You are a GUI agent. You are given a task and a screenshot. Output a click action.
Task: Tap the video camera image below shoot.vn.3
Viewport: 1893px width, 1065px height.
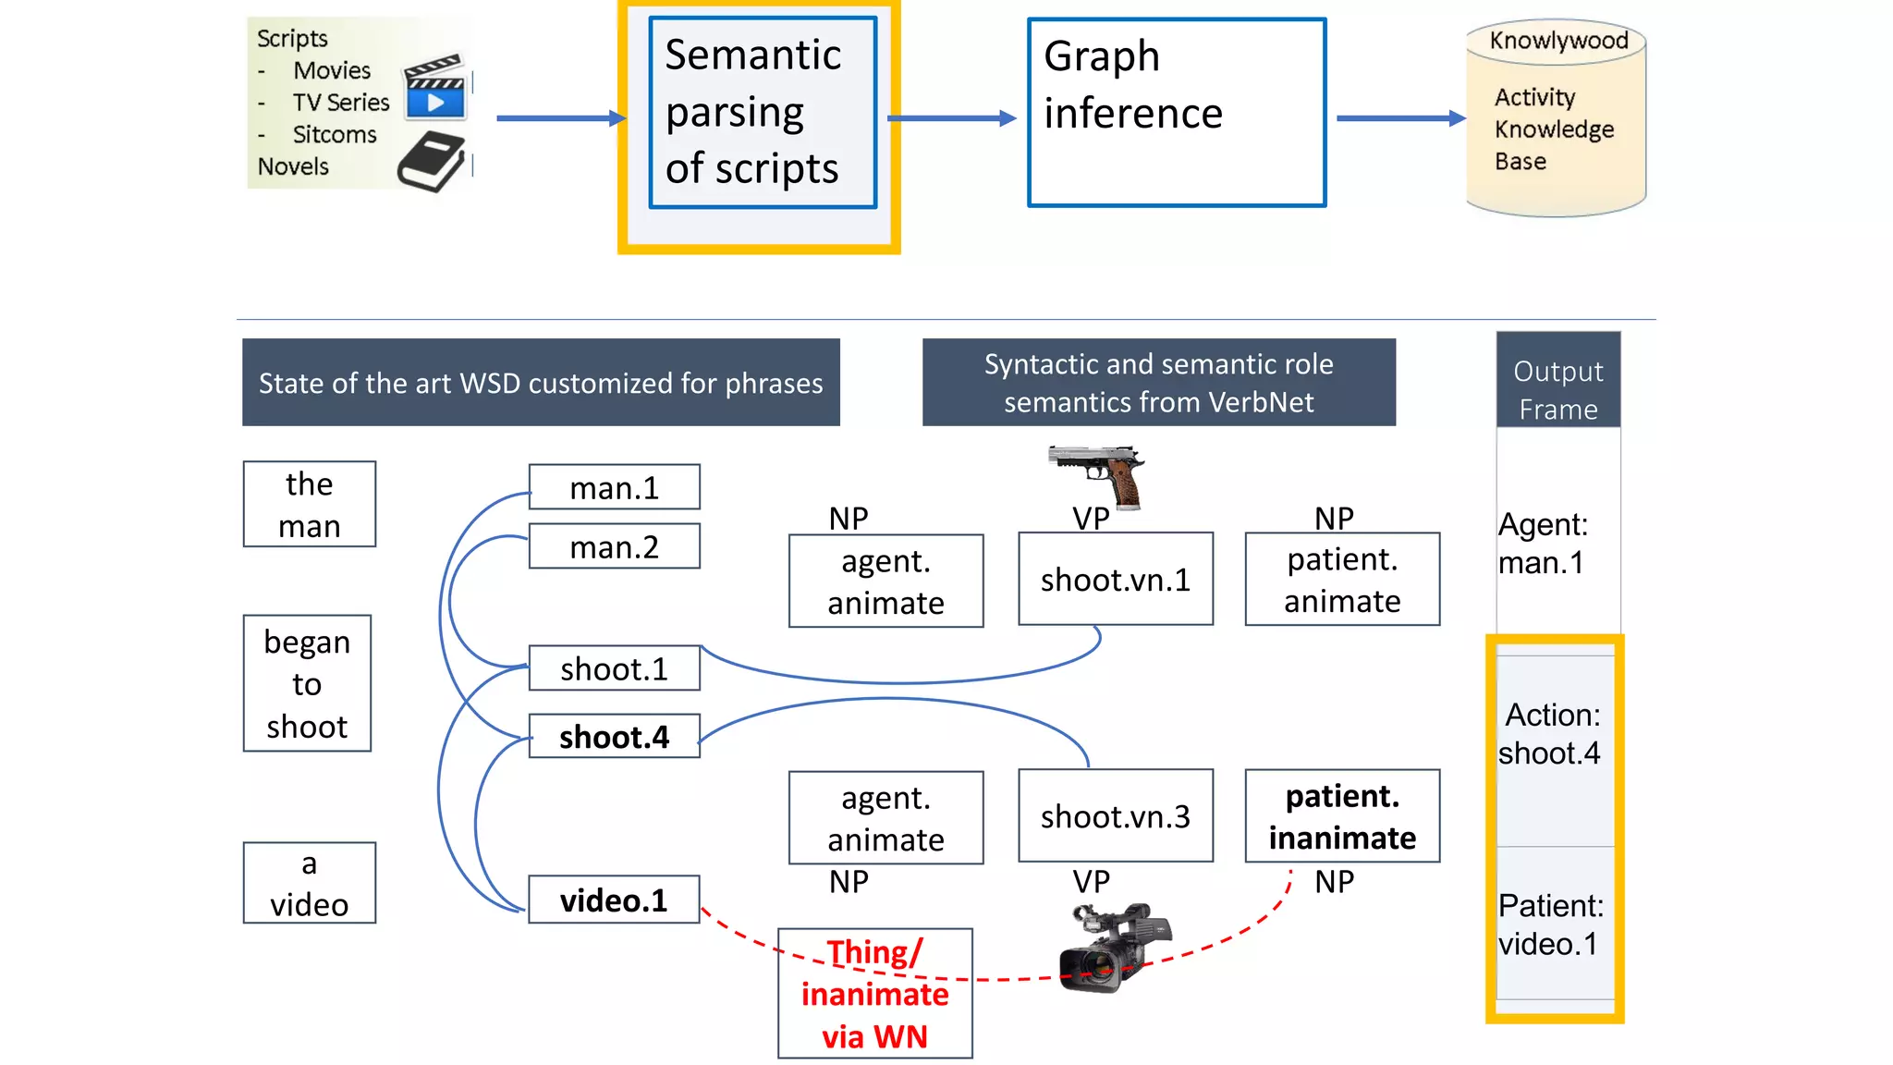[x=1114, y=948]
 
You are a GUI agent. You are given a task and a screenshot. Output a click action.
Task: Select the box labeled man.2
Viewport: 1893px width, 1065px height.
[x=614, y=546]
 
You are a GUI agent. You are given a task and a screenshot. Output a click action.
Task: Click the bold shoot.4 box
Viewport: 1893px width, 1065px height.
[x=614, y=737]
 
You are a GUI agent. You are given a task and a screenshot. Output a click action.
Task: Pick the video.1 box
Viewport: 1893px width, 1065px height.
[x=614, y=900]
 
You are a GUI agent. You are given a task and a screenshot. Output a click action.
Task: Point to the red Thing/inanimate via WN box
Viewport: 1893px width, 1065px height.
[x=874, y=994]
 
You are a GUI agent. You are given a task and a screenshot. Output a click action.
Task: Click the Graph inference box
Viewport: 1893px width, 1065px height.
[x=1177, y=113]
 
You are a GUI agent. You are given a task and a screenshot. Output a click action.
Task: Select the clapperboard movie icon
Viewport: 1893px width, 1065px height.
[x=434, y=86]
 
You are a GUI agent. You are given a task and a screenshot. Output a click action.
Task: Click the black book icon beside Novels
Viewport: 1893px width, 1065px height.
[x=431, y=161]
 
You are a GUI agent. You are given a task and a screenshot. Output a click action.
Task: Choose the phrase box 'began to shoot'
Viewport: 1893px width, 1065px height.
[x=307, y=683]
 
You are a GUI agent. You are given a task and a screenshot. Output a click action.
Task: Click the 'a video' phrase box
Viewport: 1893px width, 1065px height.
[x=309, y=883]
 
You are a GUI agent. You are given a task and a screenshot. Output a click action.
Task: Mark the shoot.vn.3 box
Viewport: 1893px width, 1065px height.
[x=1116, y=816]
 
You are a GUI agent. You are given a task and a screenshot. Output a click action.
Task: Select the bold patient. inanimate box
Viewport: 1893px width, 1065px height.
[x=1341, y=816]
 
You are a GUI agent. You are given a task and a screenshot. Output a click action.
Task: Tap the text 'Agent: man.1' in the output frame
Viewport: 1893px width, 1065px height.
[x=1542, y=544]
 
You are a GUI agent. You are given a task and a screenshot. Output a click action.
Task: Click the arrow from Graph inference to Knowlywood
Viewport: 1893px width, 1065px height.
[x=1399, y=118]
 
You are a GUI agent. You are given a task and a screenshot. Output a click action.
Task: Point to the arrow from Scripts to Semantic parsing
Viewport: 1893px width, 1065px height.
[x=560, y=118]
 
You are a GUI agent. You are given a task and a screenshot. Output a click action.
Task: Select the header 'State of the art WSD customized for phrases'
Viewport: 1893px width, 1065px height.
[x=541, y=383]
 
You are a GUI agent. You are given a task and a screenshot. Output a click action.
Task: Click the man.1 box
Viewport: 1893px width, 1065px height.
[x=614, y=487]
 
